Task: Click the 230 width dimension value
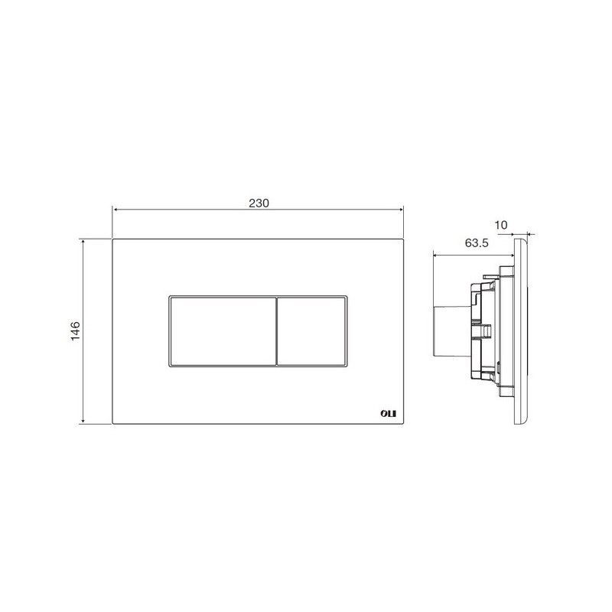[x=259, y=203]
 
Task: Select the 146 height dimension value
[x=75, y=331]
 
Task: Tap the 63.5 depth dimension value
[x=477, y=243]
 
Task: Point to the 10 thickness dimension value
[x=501, y=225]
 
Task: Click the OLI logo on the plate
[x=388, y=414]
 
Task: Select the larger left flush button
[x=223, y=331]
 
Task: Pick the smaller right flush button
[x=311, y=331]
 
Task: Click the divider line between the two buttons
[x=277, y=331]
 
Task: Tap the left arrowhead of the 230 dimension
[x=116, y=210]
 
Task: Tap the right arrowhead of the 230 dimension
[x=400, y=210]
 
